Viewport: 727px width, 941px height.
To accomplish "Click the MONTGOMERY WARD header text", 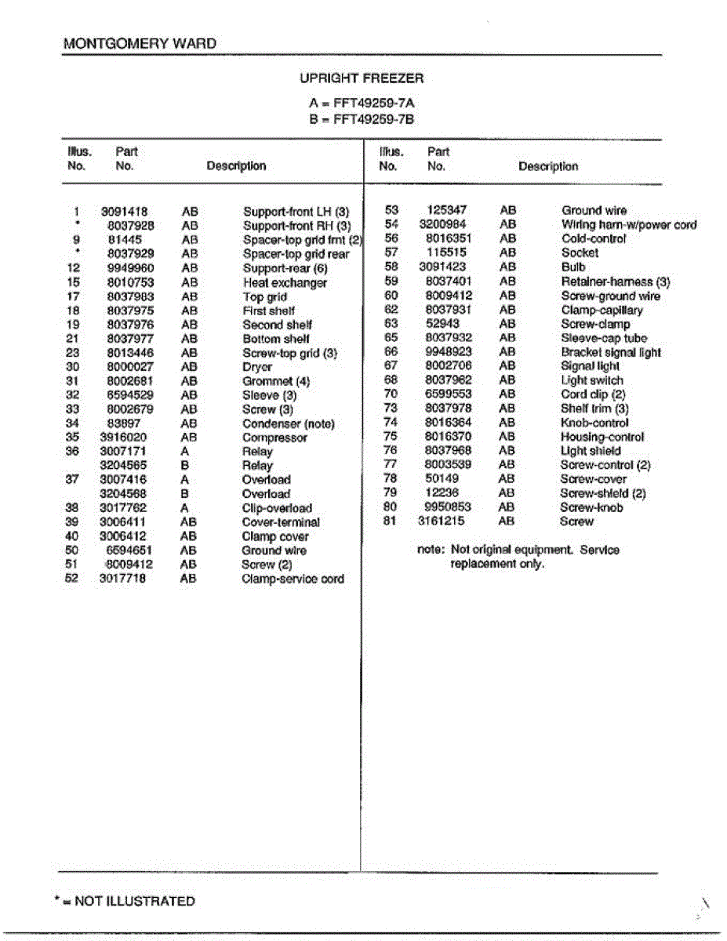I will click(140, 44).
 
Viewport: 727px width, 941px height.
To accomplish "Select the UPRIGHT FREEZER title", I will click(362, 78).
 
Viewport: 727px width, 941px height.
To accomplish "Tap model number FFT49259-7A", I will click(373, 104).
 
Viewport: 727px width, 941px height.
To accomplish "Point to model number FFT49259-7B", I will click(373, 119).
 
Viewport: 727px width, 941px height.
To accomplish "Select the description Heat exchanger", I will click(285, 283).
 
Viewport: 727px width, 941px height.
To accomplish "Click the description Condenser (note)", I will click(288, 424).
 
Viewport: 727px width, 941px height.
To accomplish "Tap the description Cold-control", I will click(594, 238).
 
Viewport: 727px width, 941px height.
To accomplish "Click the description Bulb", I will click(573, 267).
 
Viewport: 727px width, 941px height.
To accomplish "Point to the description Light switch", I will click(591, 380).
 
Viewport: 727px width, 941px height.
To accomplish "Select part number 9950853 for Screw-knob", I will click(448, 507).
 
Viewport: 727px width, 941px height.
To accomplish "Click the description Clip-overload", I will click(277, 508).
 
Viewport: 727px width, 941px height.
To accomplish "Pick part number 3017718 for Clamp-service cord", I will click(122, 579).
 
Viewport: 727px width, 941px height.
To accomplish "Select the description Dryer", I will click(257, 367).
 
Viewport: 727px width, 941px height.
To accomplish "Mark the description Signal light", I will click(590, 366).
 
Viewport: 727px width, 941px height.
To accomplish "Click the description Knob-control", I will click(594, 423).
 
